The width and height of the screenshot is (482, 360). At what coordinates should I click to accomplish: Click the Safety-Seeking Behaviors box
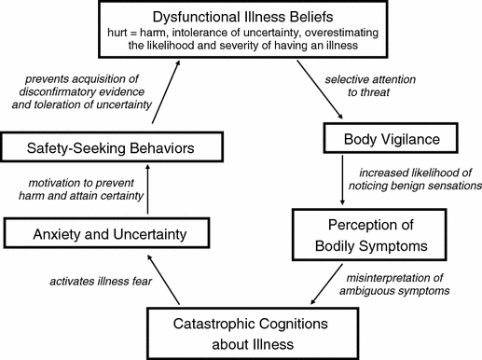(111, 147)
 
